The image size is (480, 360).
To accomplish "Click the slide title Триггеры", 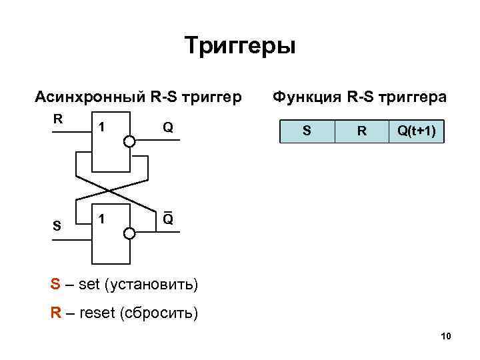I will [239, 47].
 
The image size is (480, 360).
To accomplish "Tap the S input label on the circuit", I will [58, 226].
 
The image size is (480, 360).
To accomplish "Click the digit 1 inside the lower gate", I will [101, 219].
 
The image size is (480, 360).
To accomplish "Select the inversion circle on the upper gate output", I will [129, 141].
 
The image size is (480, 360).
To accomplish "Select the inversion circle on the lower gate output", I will [129, 233].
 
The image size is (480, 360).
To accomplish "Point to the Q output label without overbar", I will [168, 127].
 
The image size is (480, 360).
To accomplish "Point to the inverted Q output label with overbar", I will [168, 219].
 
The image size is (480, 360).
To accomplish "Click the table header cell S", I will [307, 131].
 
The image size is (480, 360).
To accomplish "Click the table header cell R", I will [361, 131].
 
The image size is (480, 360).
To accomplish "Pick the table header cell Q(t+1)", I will [417, 131].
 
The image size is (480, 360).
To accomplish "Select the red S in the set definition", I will [55, 285].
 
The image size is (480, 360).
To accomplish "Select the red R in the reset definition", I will [56, 313].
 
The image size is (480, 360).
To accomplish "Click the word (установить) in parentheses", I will [158, 285].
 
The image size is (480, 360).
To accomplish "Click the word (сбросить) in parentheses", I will [158, 313].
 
